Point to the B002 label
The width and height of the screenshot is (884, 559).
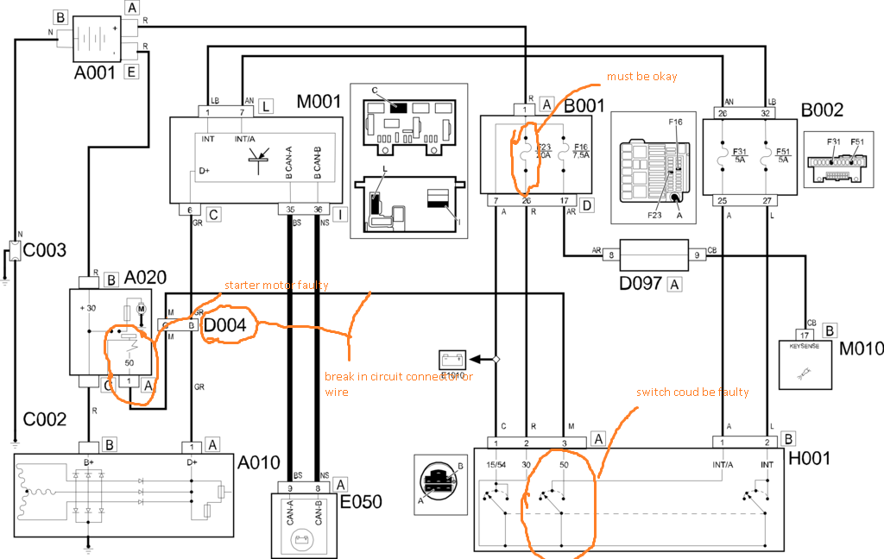pos(821,110)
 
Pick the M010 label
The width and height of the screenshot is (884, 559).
pos(861,349)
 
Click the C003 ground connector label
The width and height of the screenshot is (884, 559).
pos(44,251)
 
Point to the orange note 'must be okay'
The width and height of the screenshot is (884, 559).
pos(641,77)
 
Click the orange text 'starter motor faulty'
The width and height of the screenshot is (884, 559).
pos(276,285)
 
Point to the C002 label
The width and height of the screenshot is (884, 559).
pos(44,420)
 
